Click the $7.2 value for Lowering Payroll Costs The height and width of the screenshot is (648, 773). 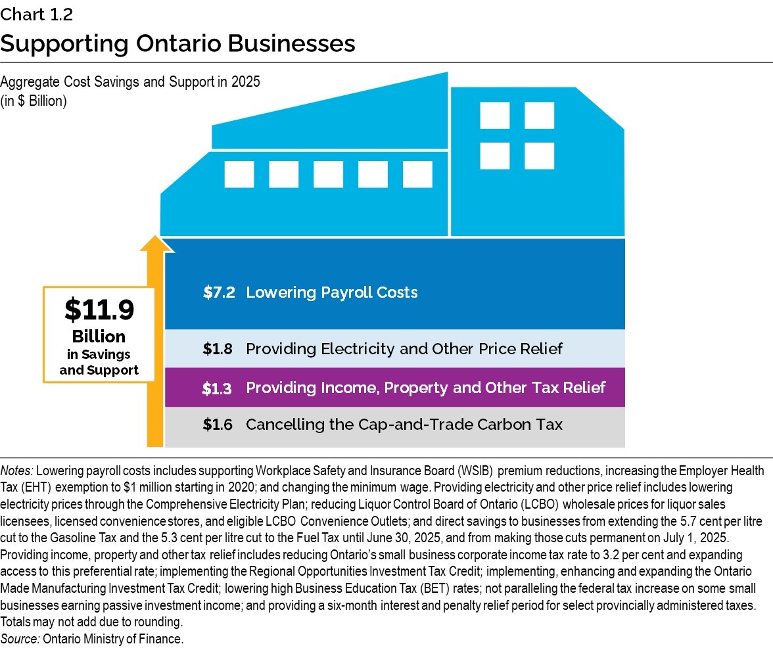pyautogui.click(x=219, y=292)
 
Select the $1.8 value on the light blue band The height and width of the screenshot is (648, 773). pyautogui.click(x=218, y=349)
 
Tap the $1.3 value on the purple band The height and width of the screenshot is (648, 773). pyautogui.click(x=217, y=388)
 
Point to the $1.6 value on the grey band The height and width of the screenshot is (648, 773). pyautogui.click(x=218, y=425)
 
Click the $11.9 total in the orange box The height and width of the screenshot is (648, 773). pyautogui.click(x=99, y=310)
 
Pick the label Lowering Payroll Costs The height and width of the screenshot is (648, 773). pyautogui.click(x=332, y=292)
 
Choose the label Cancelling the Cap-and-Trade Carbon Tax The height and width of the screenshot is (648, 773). pyautogui.click(x=404, y=425)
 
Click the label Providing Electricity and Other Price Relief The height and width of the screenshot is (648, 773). pyautogui.click(x=404, y=349)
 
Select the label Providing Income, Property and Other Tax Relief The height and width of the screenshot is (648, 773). pyautogui.click(x=425, y=388)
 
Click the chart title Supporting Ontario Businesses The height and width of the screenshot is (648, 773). pyautogui.click(x=177, y=43)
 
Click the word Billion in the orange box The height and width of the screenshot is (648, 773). pyautogui.click(x=99, y=336)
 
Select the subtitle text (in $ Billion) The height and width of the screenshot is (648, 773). pyautogui.click(x=34, y=102)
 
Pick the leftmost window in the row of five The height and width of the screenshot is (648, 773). pyautogui.click(x=239, y=174)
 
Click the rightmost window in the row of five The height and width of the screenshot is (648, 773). pyautogui.click(x=417, y=174)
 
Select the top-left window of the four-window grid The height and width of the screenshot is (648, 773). pyautogui.click(x=494, y=115)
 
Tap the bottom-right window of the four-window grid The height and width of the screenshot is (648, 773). pyautogui.click(x=539, y=156)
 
